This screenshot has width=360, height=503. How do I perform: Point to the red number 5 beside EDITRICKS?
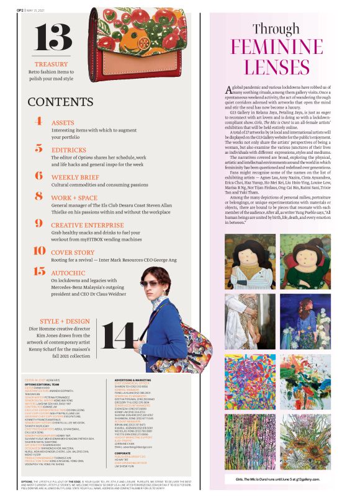pos(38,149)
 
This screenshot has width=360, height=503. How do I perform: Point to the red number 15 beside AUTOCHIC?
pos(39,271)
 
